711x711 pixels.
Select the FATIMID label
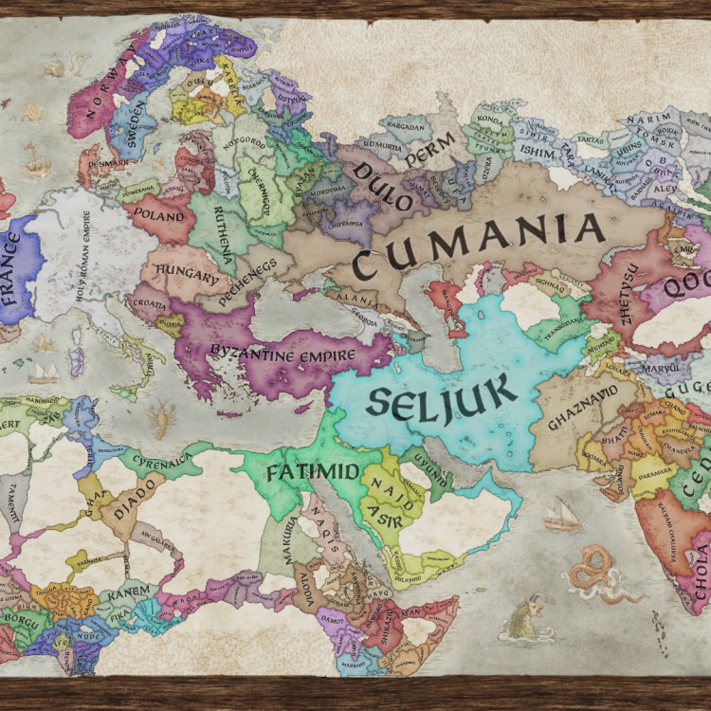click(300, 471)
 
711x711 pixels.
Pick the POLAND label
click(157, 215)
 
